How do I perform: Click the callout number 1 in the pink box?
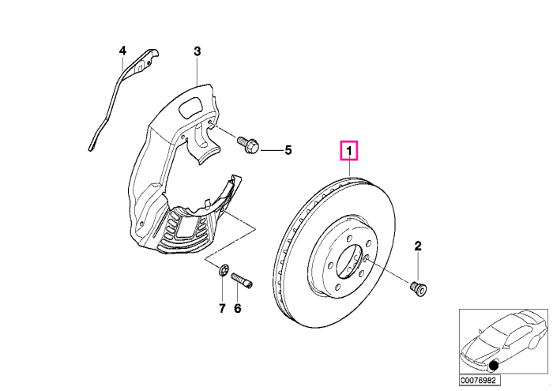click(349, 151)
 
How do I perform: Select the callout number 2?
click(418, 246)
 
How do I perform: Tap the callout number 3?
click(197, 51)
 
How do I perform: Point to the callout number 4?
click(122, 51)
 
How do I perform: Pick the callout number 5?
click(288, 150)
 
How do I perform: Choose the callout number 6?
click(238, 309)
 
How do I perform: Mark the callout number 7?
click(222, 309)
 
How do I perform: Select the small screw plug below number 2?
click(419, 288)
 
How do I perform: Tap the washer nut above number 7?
click(223, 271)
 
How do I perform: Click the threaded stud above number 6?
click(243, 281)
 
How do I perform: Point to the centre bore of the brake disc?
click(349, 261)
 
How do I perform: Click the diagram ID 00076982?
click(480, 381)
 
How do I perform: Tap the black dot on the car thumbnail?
click(494, 366)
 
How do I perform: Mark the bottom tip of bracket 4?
click(92, 150)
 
